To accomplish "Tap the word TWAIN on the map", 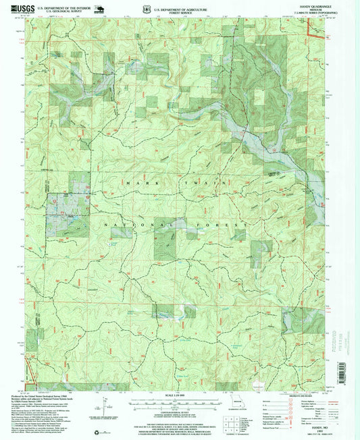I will point(203,183).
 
